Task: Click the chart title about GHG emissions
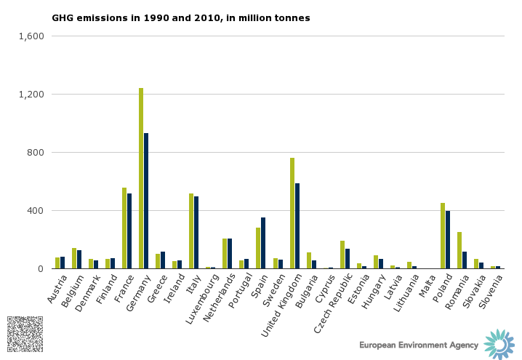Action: click(180, 17)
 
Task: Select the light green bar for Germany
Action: click(141, 178)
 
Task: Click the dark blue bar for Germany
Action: click(146, 201)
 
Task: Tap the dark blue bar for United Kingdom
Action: click(297, 225)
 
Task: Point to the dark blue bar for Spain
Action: click(263, 243)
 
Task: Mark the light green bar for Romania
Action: click(459, 250)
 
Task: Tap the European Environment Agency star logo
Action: click(499, 344)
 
